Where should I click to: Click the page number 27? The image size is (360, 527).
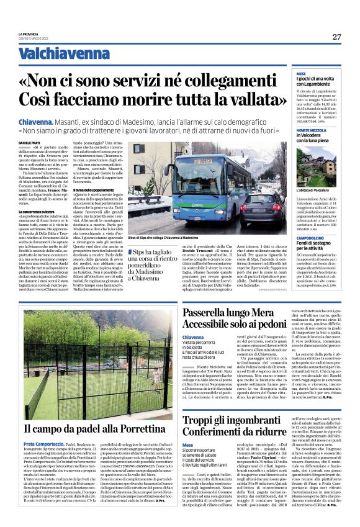click(x=336, y=37)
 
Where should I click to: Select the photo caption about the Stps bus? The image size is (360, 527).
click(x=179, y=238)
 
